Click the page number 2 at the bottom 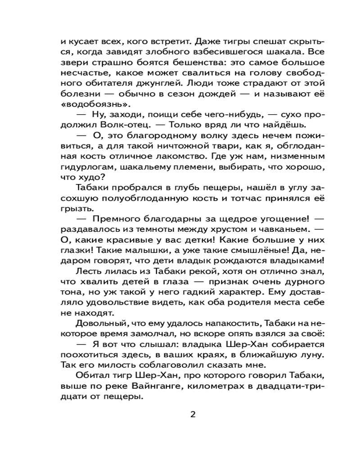tap(193, 414)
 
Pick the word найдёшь tap(283, 124)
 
